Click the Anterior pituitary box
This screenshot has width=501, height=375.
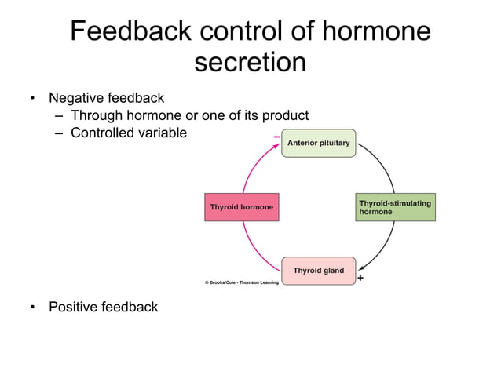pyautogui.click(x=318, y=144)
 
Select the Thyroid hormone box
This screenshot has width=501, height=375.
pyautogui.click(x=241, y=207)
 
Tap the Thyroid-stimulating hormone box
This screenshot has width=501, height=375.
pyautogui.click(x=394, y=207)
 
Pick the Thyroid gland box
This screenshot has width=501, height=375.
pyautogui.click(x=318, y=271)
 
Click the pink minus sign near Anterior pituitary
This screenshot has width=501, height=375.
pyautogui.click(x=276, y=137)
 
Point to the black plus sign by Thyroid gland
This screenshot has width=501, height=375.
pyautogui.click(x=360, y=278)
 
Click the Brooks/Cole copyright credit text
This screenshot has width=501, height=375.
pyautogui.click(x=236, y=282)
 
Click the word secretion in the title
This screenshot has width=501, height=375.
pyautogui.click(x=250, y=63)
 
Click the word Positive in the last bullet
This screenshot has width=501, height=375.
pyautogui.click(x=74, y=307)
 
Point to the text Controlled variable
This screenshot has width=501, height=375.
pyautogui.click(x=129, y=133)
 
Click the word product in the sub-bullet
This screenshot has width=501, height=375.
pyautogui.click(x=285, y=115)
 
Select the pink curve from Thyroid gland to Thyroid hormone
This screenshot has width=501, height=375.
pyautogui.click(x=253, y=248)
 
